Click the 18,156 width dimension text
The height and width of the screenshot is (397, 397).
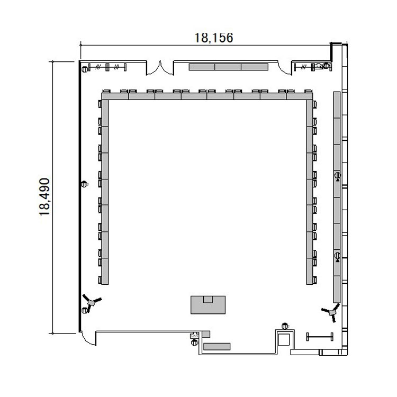[x=214, y=38]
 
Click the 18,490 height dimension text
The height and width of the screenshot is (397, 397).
[x=44, y=197]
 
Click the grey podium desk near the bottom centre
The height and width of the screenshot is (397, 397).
[x=208, y=305]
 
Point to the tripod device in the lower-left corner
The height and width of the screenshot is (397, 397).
[x=92, y=302]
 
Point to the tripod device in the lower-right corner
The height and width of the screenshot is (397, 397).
[x=331, y=313]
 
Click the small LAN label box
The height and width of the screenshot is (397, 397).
[x=194, y=336]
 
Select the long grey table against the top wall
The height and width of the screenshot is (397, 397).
[x=228, y=67]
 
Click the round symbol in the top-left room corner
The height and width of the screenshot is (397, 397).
[x=85, y=69]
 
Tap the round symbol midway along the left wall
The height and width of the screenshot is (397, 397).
[x=84, y=184]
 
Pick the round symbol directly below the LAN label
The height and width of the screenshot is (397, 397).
[x=194, y=342]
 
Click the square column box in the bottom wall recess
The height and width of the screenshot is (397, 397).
[x=284, y=340]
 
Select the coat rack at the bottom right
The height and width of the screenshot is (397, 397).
[x=320, y=337]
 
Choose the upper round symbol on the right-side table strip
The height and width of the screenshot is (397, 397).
[x=338, y=175]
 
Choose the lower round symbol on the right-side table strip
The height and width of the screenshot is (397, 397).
[x=338, y=256]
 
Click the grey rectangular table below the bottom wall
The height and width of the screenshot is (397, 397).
[x=217, y=346]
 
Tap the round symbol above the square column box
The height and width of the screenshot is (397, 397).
[x=285, y=326]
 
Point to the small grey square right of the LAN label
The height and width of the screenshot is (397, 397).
[x=206, y=334]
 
